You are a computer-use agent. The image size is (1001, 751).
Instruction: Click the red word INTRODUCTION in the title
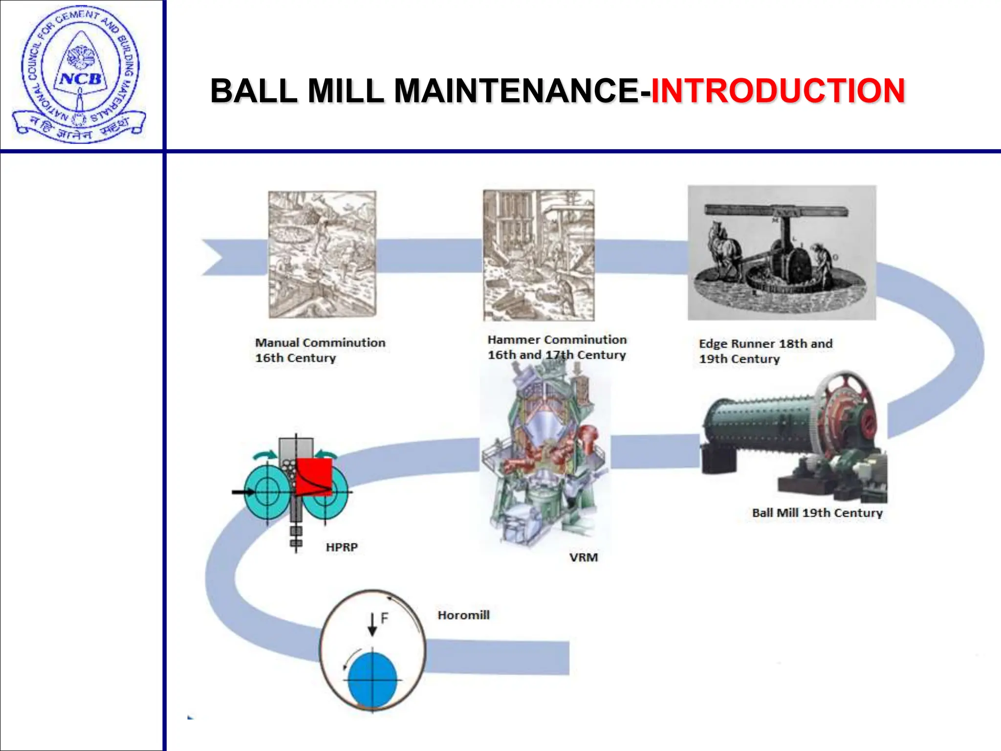pos(778,91)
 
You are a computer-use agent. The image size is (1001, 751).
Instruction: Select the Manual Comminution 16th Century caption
pos(320,350)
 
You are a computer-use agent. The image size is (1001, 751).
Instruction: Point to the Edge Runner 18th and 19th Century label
pos(765,351)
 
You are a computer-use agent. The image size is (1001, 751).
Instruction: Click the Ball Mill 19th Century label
pos(817,513)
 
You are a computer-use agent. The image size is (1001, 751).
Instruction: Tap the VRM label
pos(583,557)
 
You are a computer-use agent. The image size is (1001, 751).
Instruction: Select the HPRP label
pos(342,547)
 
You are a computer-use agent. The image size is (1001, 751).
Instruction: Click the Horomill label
pos(463,615)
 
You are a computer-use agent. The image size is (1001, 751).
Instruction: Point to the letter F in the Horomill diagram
pos(384,618)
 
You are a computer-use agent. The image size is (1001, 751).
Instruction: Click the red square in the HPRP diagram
pos(314,476)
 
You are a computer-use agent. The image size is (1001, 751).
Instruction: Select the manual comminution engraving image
pos(323,254)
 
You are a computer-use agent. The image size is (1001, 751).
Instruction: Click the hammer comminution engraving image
pos(539,255)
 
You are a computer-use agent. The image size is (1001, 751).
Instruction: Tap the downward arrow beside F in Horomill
pos(372,624)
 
